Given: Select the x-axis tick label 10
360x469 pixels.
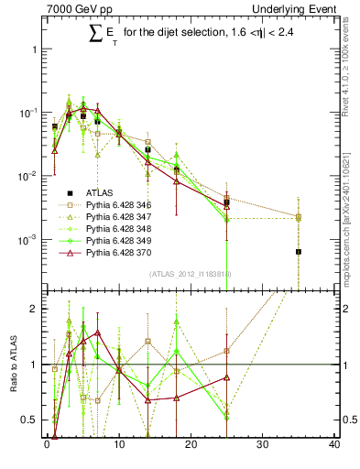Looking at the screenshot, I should click(x=118, y=446).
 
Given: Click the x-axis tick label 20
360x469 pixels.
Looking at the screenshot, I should click(x=191, y=446).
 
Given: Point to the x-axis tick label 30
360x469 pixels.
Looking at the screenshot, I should click(x=263, y=446).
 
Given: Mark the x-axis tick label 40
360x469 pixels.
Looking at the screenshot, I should click(x=334, y=446).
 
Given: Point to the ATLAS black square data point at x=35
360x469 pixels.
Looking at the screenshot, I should click(x=299, y=252).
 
